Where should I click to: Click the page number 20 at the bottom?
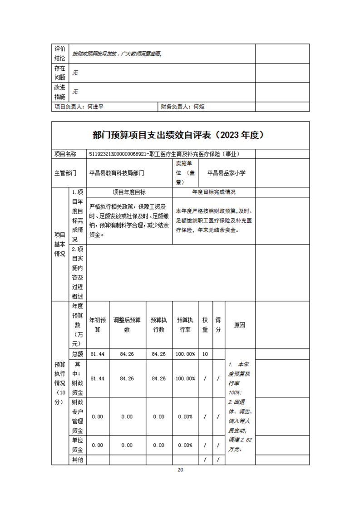180,470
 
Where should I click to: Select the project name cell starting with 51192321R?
164,154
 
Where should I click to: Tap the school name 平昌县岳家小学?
227,173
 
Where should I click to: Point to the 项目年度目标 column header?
129,192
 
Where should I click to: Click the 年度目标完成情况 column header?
213,192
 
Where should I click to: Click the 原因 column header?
240,325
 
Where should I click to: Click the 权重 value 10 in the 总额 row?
205,354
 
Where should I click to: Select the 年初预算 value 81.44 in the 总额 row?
98,354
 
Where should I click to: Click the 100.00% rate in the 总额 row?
185,354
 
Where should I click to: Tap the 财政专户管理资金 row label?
77,416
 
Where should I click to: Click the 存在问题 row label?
59,73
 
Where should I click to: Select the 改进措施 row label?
59,92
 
